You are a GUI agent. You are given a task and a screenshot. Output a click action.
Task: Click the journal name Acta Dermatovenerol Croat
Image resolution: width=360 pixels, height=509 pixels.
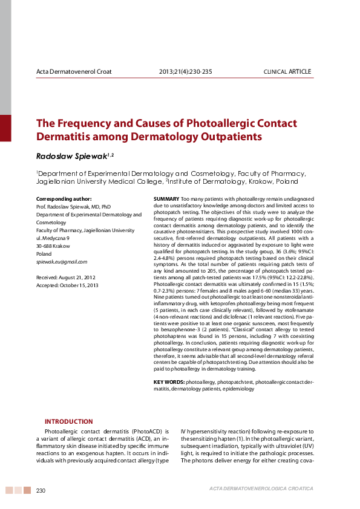(x=74, y=72)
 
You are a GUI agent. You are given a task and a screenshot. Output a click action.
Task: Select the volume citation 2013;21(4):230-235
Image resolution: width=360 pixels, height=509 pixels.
(x=185, y=72)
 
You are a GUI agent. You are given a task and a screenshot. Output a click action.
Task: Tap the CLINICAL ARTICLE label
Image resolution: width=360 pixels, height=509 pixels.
(x=287, y=72)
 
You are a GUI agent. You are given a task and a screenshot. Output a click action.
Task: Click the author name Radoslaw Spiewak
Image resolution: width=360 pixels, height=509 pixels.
(x=71, y=156)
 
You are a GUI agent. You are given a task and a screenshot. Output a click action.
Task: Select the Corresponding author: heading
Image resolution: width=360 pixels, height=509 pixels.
(x=64, y=199)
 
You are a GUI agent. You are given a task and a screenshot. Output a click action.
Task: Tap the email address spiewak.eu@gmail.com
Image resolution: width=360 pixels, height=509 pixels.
(x=62, y=262)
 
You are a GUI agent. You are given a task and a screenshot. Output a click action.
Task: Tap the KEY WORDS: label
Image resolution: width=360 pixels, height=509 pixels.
(x=169, y=382)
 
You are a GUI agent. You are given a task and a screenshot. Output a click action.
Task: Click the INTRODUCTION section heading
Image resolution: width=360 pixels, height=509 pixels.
(x=69, y=421)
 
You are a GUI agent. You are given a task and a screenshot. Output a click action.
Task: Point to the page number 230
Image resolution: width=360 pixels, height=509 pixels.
(x=41, y=490)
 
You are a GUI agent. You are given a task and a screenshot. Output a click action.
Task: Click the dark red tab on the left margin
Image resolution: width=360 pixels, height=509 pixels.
(x=5, y=128)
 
